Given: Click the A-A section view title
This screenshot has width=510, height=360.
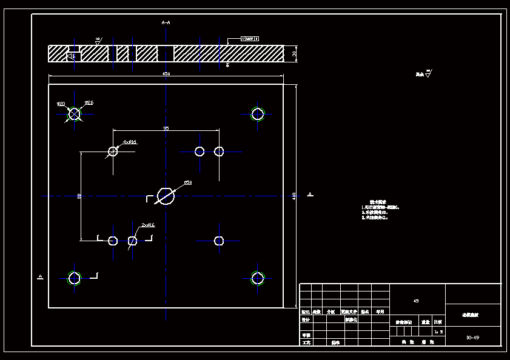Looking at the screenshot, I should tap(166, 22).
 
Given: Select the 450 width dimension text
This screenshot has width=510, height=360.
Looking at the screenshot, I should tap(166, 74).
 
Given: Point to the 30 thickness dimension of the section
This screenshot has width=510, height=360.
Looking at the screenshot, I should tap(294, 53).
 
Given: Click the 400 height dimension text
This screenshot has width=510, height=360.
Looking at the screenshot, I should tap(295, 195).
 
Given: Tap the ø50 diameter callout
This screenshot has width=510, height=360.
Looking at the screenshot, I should tap(187, 182).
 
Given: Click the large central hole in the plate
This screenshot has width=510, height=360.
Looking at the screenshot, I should tap(166, 196).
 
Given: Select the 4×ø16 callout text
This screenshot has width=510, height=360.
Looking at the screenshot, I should tap(130, 142).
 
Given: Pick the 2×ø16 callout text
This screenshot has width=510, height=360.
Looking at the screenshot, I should tap(148, 225).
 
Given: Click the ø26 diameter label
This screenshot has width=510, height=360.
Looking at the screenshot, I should tap(89, 102).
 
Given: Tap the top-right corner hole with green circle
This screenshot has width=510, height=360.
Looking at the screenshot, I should tap(258, 113).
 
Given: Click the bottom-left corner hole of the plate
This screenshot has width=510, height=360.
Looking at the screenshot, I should tap(74, 278).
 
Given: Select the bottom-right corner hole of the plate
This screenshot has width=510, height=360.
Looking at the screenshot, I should tap(258, 278).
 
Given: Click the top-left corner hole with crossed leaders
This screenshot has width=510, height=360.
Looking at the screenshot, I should tap(74, 113).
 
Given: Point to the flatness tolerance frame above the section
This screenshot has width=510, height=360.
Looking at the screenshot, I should tap(250, 38).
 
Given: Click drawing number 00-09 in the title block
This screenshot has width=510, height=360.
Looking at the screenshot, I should tap(472, 337).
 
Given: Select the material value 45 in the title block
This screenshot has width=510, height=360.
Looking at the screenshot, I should tap(416, 301).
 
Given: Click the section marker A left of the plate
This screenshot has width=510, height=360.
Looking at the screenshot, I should tap(40, 276).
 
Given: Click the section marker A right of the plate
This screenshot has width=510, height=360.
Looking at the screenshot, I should tap(310, 194).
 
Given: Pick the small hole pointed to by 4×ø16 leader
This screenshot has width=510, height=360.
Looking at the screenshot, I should tap(113, 151).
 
